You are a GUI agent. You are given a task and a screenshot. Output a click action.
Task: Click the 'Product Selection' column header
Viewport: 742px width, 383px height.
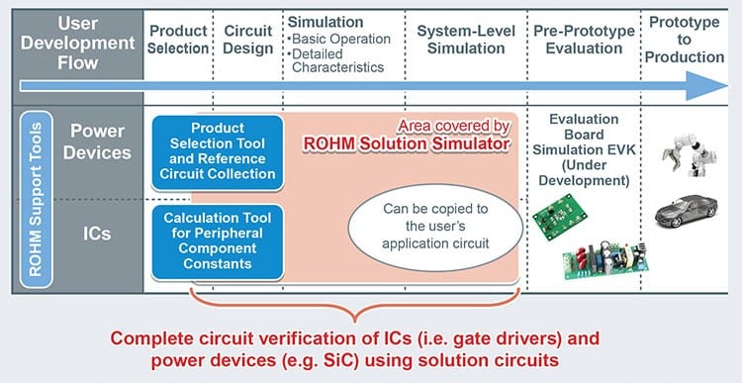tap(178, 40)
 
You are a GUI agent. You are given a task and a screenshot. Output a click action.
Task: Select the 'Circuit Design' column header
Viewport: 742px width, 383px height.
tap(247, 40)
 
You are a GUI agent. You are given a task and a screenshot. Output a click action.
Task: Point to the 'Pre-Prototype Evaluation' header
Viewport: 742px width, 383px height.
tap(583, 40)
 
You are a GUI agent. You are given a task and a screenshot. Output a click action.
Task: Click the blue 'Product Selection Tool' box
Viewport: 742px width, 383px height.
tap(218, 151)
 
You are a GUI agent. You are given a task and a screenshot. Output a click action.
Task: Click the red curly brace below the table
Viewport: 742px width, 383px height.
tap(354, 302)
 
